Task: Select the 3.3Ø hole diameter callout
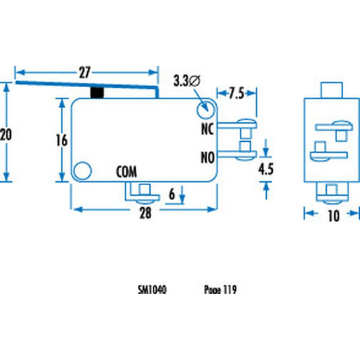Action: coord(186,81)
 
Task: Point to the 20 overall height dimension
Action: coord(6,134)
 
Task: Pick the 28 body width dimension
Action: coord(144,213)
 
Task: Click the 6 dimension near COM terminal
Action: coord(172,195)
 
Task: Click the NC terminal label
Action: coord(207,127)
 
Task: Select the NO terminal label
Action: coord(207,157)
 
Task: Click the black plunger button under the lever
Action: coord(99,92)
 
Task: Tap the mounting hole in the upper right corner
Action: coord(204,109)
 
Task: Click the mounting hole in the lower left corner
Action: coord(82,171)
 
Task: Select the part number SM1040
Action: coord(152,290)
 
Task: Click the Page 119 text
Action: coord(220,290)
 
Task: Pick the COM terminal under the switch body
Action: coord(142,192)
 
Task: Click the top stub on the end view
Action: coord(330,90)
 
